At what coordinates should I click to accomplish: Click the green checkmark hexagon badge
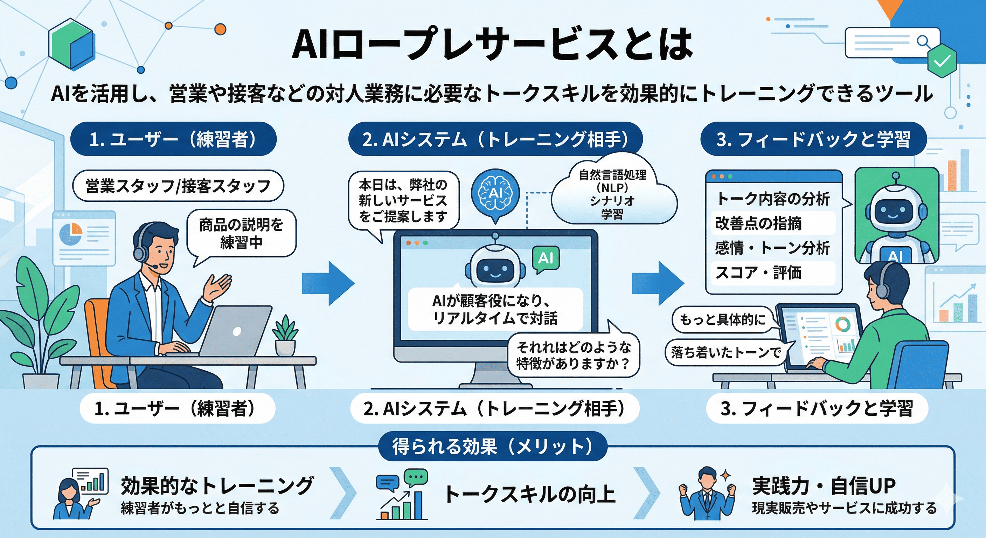point(942,61)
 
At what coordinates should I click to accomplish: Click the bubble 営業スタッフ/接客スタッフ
point(178,186)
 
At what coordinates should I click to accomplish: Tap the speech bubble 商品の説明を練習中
point(241,234)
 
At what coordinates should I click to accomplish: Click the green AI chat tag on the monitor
point(546,258)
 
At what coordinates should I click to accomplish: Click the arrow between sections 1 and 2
point(328,283)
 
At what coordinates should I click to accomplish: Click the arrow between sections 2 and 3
point(657,283)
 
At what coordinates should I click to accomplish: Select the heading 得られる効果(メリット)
point(493,447)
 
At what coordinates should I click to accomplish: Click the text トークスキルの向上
point(530,494)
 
